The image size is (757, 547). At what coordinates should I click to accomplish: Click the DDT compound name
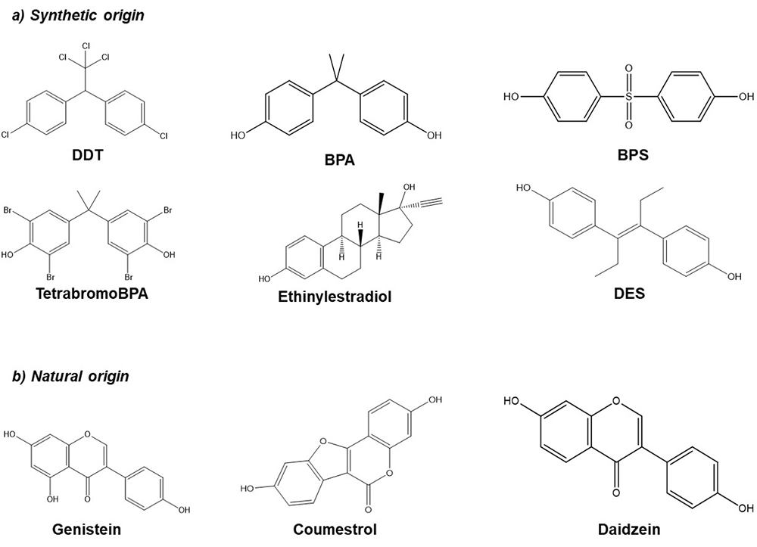[x=88, y=155]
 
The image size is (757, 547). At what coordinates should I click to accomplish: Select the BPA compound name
[x=339, y=159]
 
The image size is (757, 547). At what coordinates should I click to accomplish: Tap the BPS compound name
[x=633, y=155]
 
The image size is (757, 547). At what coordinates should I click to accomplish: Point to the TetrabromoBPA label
[x=92, y=293]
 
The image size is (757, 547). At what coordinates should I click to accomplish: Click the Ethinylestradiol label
[x=335, y=296]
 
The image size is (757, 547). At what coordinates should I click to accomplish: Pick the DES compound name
[x=629, y=293]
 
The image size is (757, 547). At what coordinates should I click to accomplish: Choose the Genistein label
[x=86, y=530]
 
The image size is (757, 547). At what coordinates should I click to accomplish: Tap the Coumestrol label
[x=335, y=530]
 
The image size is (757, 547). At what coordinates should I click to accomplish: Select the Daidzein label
[x=628, y=530]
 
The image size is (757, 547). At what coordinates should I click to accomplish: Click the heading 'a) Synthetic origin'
[x=78, y=15]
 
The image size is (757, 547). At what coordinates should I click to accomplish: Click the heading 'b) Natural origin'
[x=70, y=376]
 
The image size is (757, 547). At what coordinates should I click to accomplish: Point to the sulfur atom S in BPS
[x=628, y=97]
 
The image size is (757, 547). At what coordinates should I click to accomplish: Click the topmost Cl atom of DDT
[x=86, y=46]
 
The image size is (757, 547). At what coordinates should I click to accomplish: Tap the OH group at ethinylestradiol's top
[x=409, y=187]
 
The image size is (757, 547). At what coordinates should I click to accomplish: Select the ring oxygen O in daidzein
[x=615, y=401]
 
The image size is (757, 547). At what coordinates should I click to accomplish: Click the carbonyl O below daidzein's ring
[x=615, y=493]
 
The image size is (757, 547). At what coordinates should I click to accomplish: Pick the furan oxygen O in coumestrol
[x=322, y=441]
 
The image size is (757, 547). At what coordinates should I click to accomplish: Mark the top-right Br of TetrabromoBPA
[x=167, y=210]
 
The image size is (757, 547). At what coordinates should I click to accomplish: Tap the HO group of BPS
[x=511, y=97]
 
